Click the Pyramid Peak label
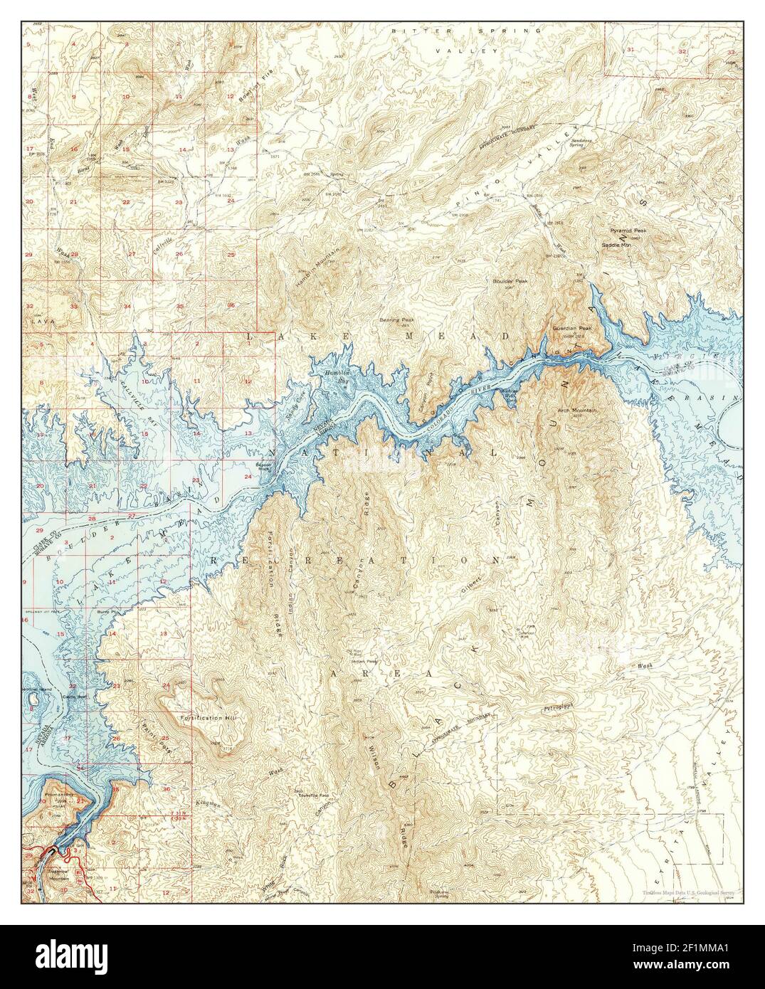[627, 232]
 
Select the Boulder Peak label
[510, 282]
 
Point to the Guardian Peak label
[569, 328]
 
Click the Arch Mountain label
[579, 411]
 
